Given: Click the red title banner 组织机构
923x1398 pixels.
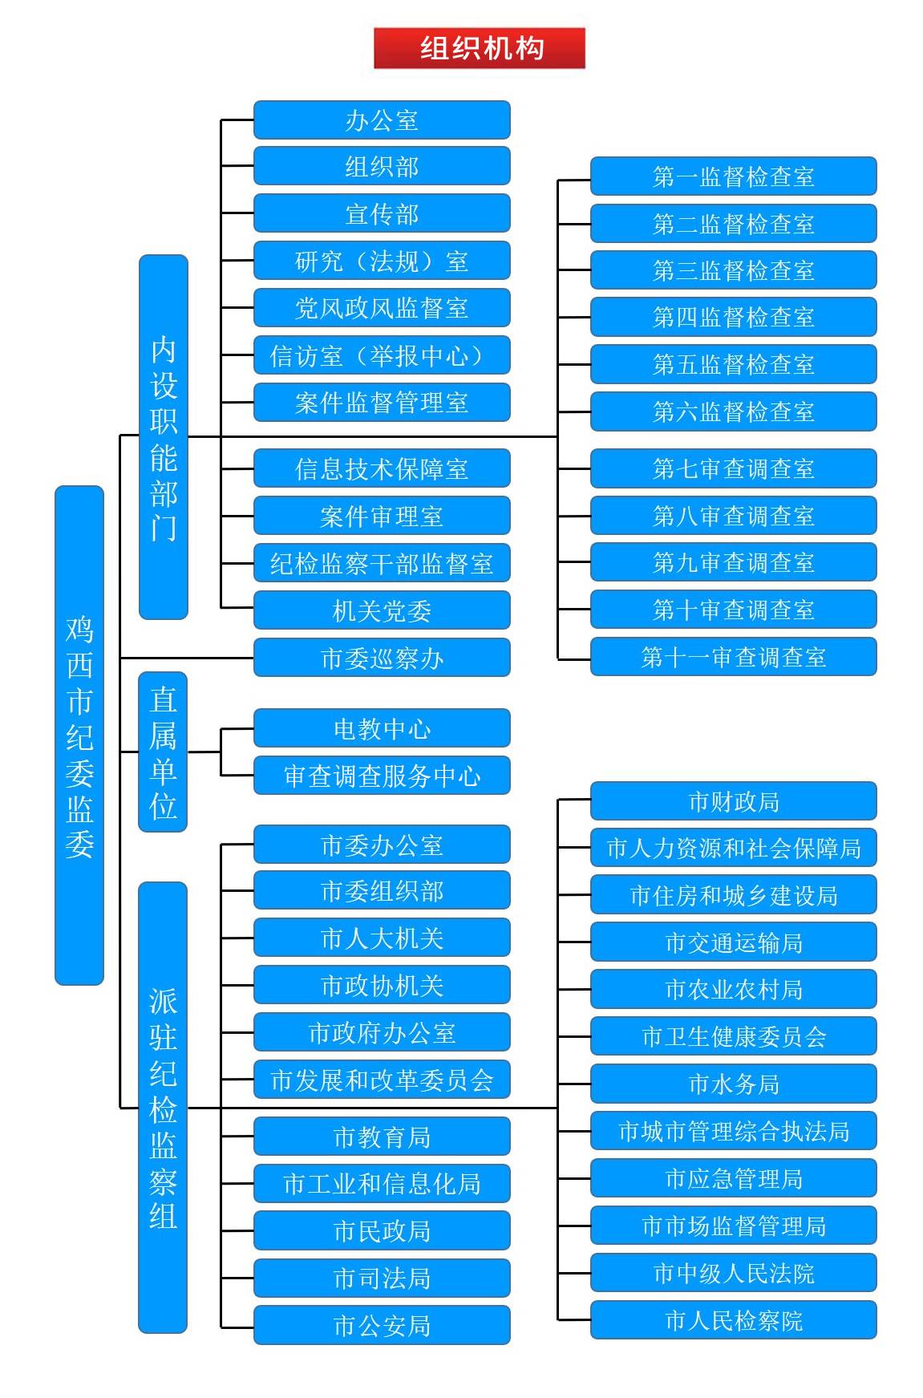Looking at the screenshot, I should click(x=480, y=48).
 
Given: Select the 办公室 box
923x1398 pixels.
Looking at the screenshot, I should click(x=382, y=120).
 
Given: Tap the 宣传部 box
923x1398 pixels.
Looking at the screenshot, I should click(x=382, y=214).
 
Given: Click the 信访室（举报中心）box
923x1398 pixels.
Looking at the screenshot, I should click(x=382, y=355).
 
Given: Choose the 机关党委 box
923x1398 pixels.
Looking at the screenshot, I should click(x=382, y=610).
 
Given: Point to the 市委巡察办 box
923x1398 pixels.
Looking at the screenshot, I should click(x=382, y=658).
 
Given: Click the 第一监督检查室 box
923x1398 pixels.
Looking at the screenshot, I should click(x=733, y=176).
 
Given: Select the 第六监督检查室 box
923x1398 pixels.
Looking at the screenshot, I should click(x=733, y=411).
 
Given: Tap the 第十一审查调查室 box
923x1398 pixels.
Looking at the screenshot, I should click(x=733, y=657).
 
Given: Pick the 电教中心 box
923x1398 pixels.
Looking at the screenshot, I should click(x=382, y=728).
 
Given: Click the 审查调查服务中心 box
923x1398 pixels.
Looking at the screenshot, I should click(x=382, y=776).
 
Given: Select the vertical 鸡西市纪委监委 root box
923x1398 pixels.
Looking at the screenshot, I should click(x=79, y=735).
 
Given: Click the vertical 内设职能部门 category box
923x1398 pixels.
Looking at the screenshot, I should click(x=164, y=437).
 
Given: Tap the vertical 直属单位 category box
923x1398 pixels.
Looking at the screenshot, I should click(x=163, y=752).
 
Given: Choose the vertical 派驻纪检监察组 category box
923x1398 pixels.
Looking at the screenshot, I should click(x=163, y=1107).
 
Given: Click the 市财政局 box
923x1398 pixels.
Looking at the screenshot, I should click(x=733, y=801).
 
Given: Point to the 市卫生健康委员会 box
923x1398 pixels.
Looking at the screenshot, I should click(x=733, y=1036).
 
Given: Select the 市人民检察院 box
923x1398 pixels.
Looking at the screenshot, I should click(x=733, y=1320).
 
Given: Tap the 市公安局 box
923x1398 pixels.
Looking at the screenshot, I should click(x=382, y=1325).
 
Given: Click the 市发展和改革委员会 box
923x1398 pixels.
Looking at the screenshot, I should click(x=382, y=1080).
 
